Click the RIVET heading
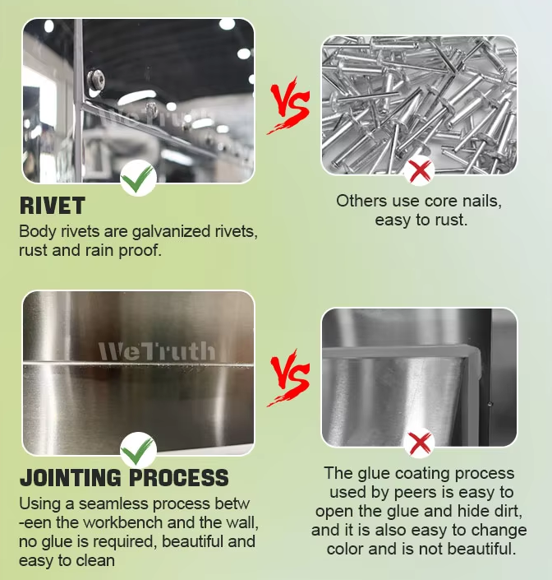[x=52, y=206]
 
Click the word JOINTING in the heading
[x=70, y=477]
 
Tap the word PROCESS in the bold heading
[x=179, y=477]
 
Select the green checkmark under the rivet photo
[x=137, y=179]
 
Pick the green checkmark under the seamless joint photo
[x=137, y=451]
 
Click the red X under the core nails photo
[x=420, y=171]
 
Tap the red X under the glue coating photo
[x=420, y=443]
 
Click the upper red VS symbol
[x=289, y=105]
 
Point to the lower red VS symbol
[x=289, y=378]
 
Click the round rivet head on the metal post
[x=95, y=81]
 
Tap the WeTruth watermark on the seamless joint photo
[x=156, y=351]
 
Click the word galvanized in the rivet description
[x=172, y=232]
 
